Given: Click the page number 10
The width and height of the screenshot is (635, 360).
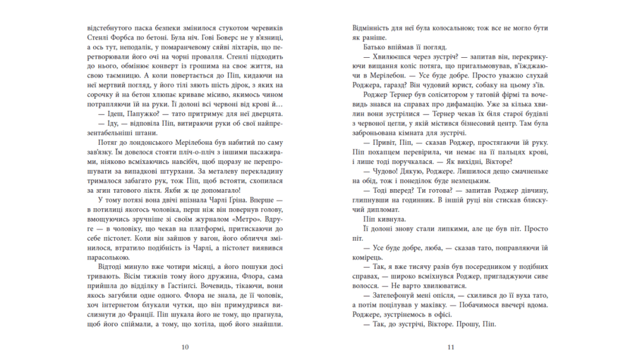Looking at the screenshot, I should (x=185, y=347).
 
